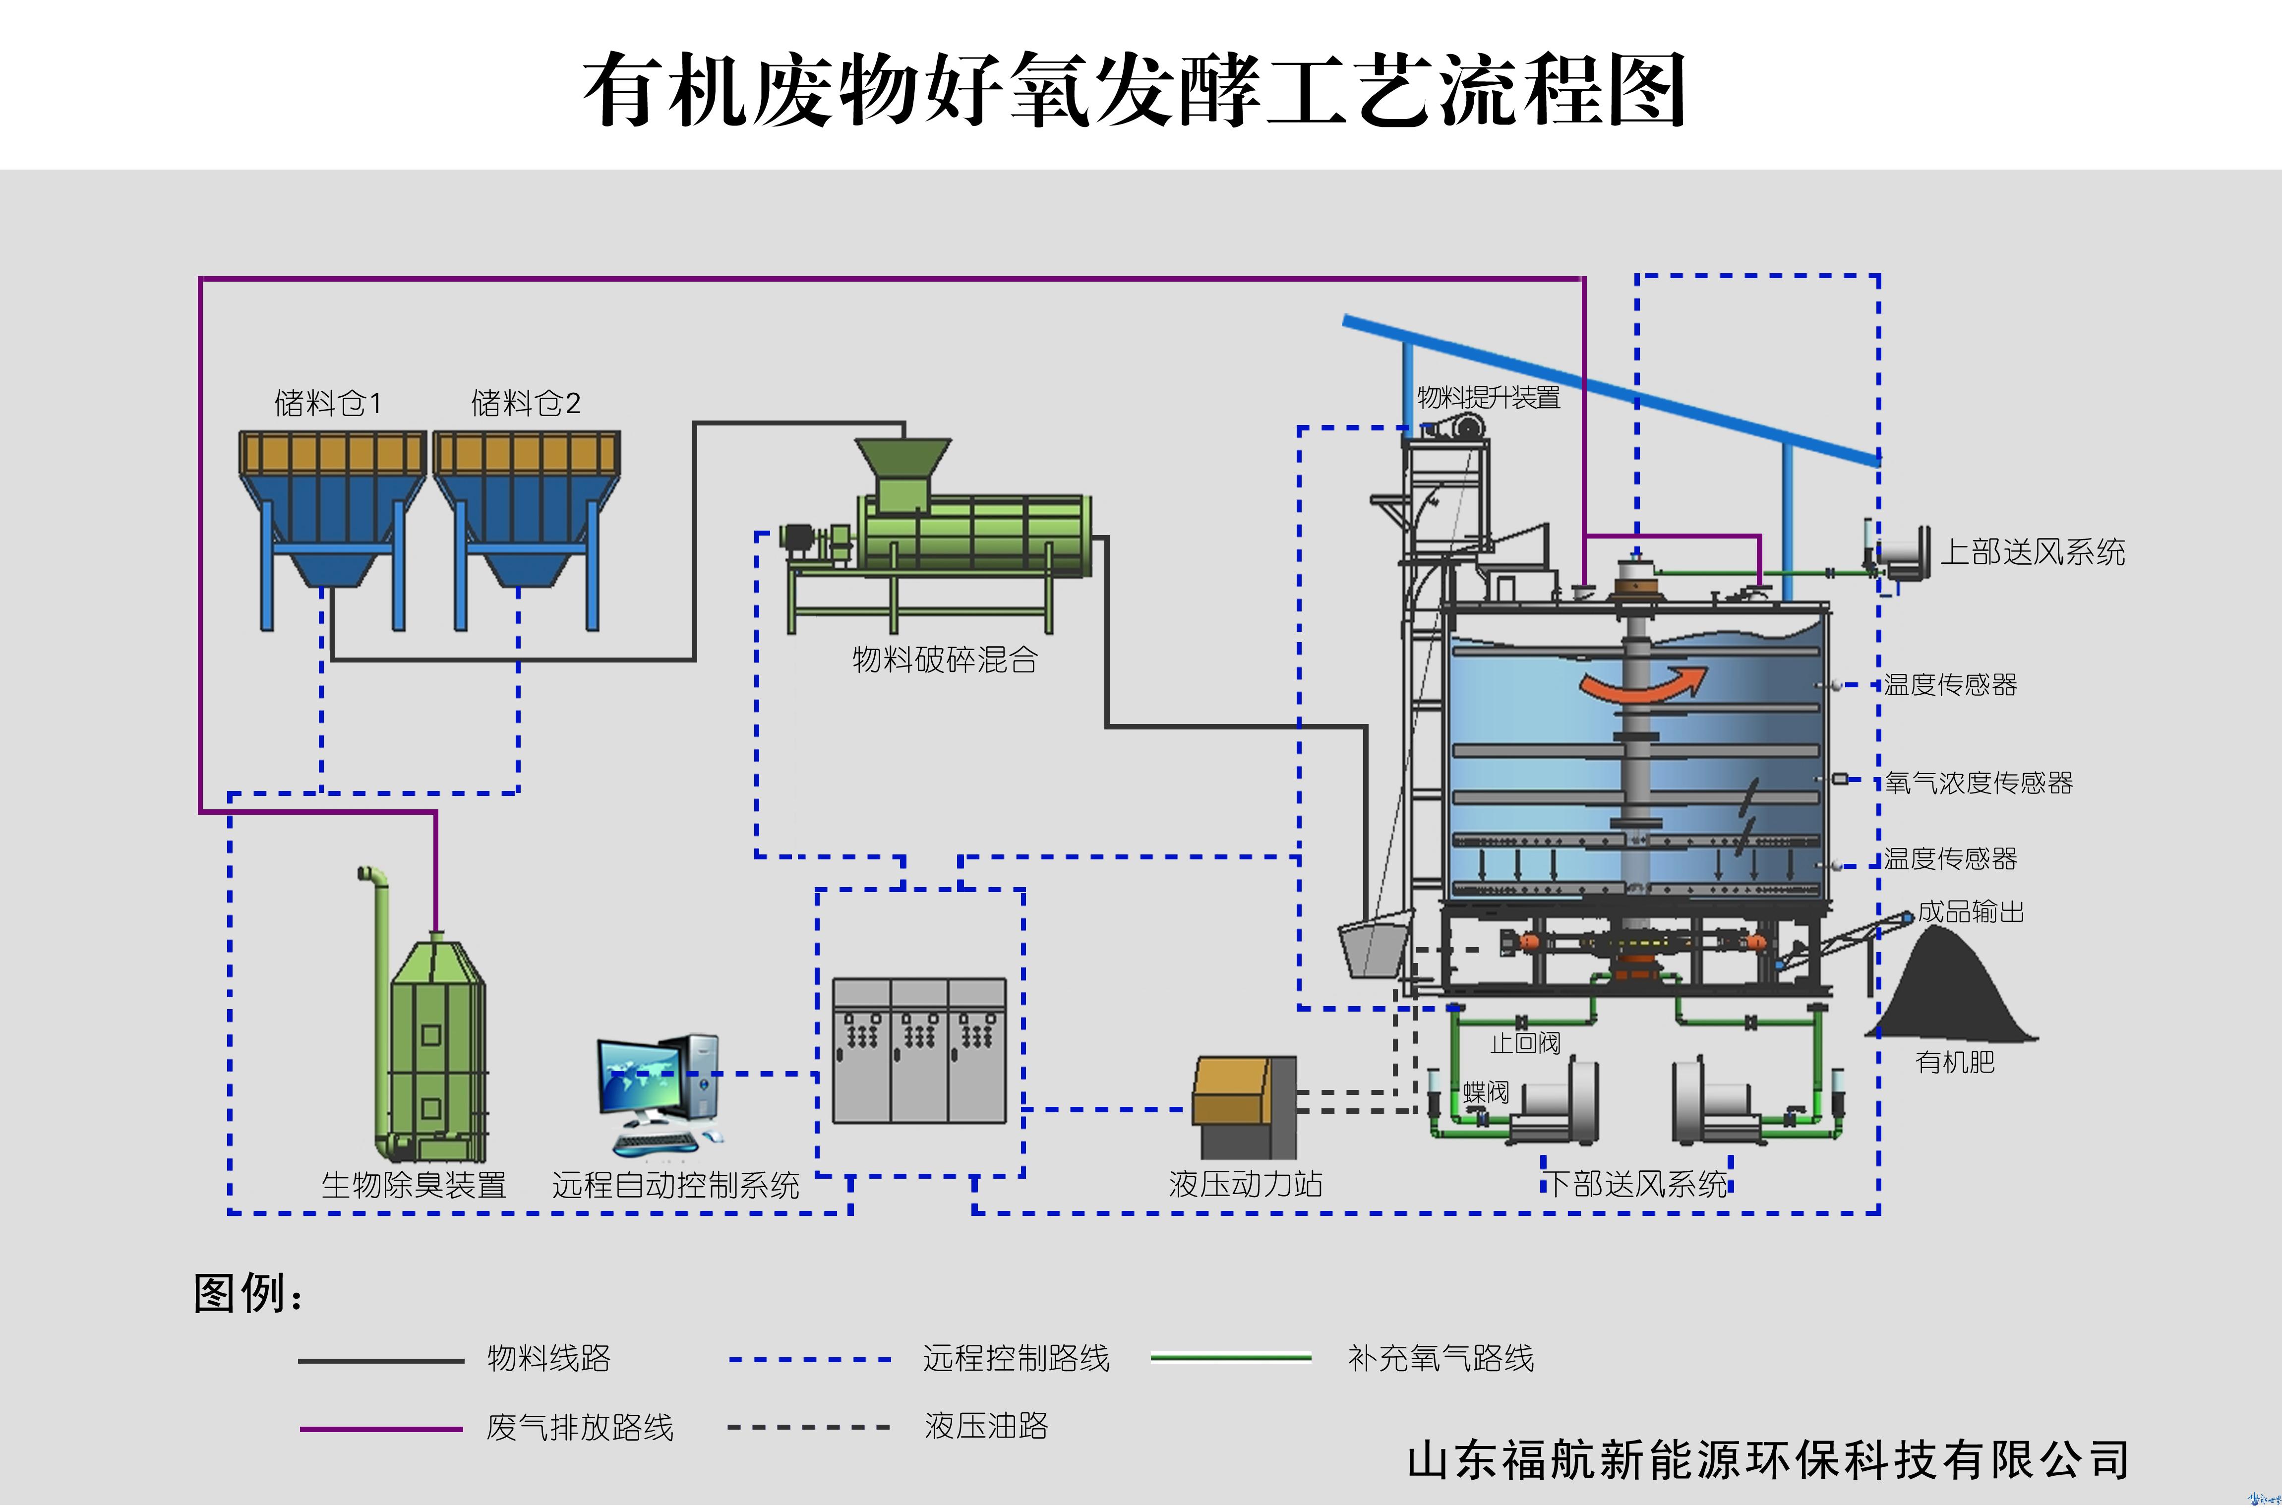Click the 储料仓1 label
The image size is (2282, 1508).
click(x=328, y=403)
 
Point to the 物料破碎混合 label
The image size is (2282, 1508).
click(x=944, y=660)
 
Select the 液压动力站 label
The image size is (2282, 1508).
click(x=1245, y=1184)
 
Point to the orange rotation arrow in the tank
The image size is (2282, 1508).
click(x=1642, y=684)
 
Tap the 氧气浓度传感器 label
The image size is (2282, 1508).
click(x=1978, y=783)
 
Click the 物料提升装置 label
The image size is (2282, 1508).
click(x=1489, y=397)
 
